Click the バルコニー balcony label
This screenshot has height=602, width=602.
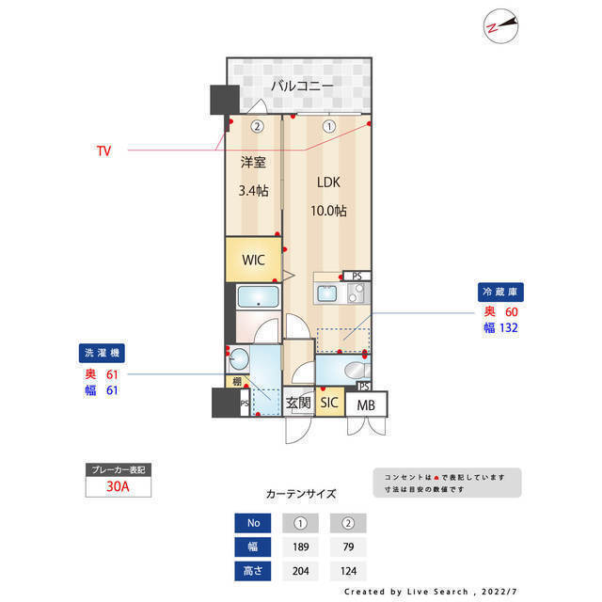302,86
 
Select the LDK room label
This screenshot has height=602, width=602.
328,183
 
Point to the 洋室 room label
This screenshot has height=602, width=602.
253,162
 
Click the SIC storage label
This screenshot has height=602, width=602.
329,403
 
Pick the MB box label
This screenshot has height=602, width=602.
363,405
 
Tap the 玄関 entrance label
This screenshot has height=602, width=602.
298,403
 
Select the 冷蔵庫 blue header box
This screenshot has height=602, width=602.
499,293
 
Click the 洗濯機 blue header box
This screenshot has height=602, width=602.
102,354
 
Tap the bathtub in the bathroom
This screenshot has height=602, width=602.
257,299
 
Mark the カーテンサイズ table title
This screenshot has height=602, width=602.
301,493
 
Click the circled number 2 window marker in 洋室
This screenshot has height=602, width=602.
256,126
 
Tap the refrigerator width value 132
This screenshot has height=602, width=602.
509,328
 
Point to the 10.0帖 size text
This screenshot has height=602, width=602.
329,211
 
